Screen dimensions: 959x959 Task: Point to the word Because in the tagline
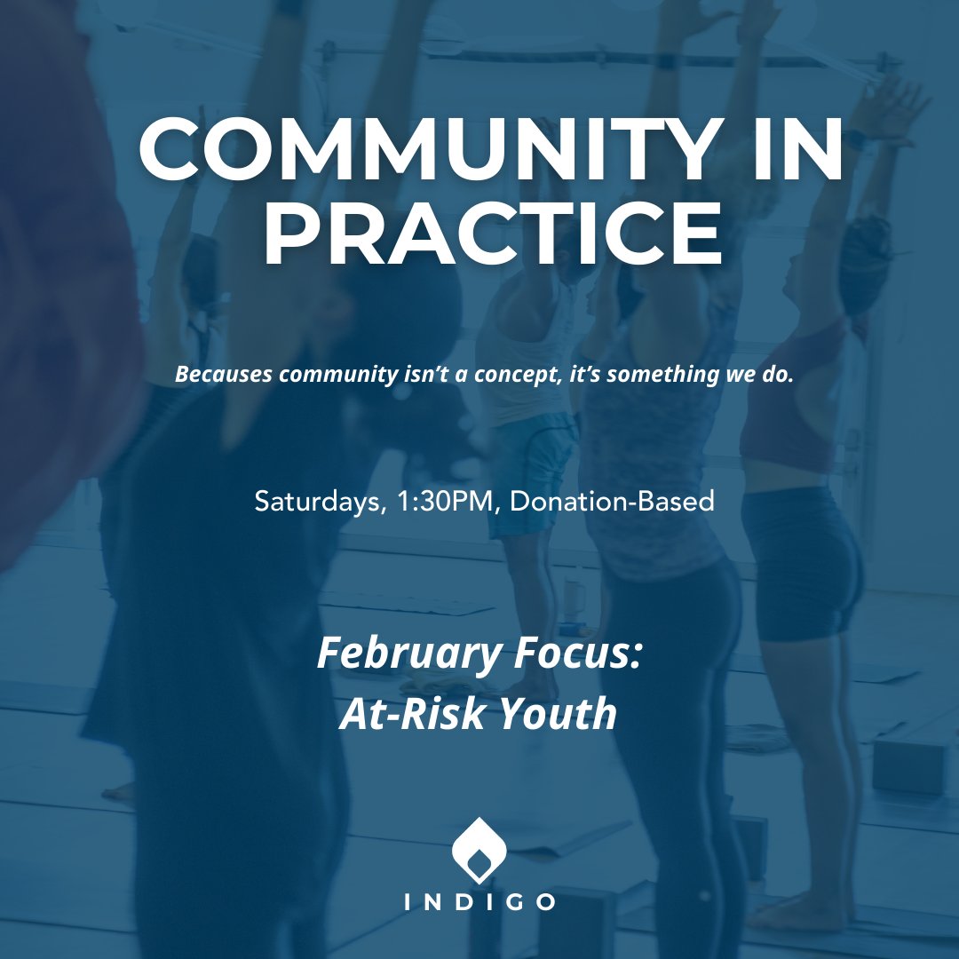click(x=223, y=374)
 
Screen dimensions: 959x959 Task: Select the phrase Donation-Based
click(x=613, y=501)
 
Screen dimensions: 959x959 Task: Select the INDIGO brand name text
click(x=479, y=902)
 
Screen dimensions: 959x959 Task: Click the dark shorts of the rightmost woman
click(x=799, y=559)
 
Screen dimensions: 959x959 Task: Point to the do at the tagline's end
click(x=778, y=374)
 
